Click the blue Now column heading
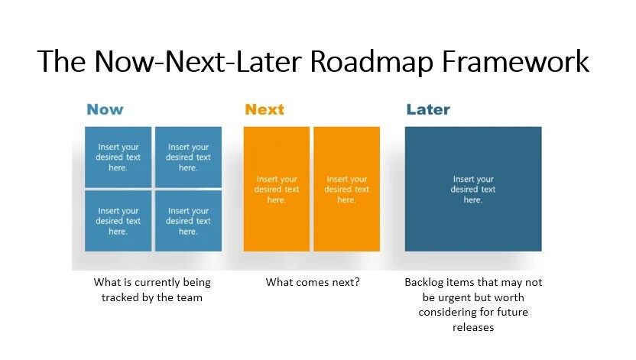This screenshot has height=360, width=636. pos(105,109)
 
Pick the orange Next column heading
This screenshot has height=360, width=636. pos(264,109)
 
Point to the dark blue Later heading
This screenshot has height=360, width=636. pos(428,109)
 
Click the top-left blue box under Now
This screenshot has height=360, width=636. pos(118,157)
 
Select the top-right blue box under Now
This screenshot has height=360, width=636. pos(188,157)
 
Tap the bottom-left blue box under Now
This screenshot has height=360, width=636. pos(118,221)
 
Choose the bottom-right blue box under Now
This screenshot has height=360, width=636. pos(188,221)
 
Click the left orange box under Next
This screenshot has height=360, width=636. pos(277,189)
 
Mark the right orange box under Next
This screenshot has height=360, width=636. pos(346,189)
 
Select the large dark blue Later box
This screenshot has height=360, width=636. pos(473,189)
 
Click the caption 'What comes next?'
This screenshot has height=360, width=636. pos(313,282)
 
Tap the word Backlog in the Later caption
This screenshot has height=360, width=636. pos(423,282)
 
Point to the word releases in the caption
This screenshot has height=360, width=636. pos(473,327)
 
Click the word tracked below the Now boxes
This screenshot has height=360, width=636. pos(121,297)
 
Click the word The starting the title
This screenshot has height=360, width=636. pos(60,61)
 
